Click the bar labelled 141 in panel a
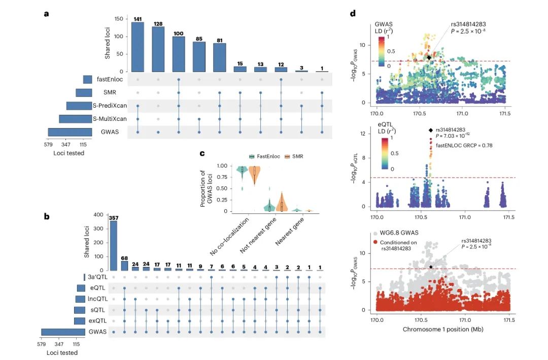tap(138, 47)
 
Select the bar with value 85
tap(199, 57)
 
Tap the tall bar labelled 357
tap(114, 245)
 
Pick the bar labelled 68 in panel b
tap(125, 265)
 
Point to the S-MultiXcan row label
tap(109, 119)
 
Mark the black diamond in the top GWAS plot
tap(429, 58)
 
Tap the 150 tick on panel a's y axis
tap(120, 19)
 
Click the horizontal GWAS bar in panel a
tap(70, 132)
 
